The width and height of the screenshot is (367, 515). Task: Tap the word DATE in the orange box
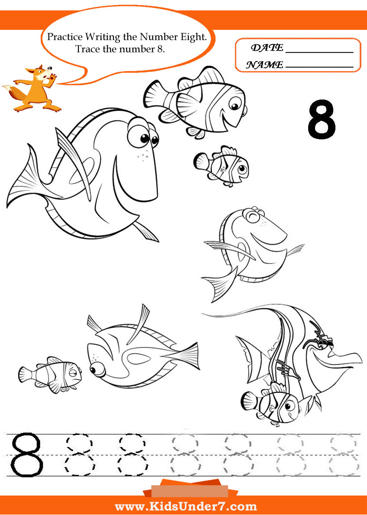(267, 48)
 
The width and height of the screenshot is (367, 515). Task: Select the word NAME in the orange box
(264, 65)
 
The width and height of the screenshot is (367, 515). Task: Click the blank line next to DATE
(319, 52)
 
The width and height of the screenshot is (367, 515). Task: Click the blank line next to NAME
(319, 68)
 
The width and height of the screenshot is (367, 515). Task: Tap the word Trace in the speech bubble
(86, 49)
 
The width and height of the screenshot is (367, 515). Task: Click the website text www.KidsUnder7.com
(186, 506)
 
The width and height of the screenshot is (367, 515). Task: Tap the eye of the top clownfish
(235, 106)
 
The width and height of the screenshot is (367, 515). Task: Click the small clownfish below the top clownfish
(221, 166)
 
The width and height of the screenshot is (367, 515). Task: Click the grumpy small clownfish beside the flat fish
(50, 374)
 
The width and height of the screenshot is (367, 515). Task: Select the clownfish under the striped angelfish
(274, 405)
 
